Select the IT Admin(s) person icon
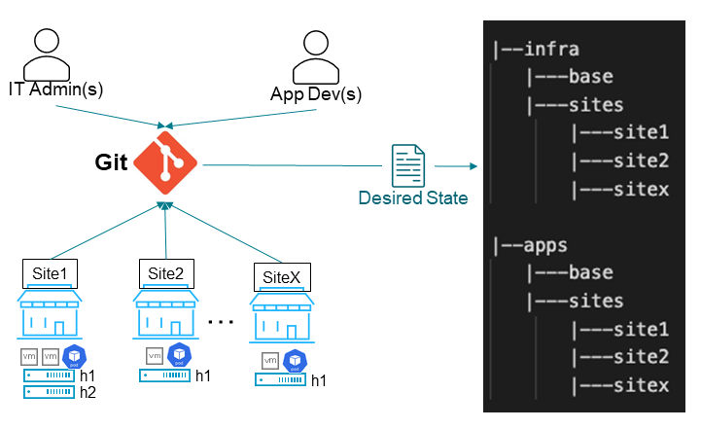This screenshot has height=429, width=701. point(53,54)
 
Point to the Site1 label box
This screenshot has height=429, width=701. point(51,272)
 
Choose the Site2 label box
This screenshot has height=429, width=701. point(166,272)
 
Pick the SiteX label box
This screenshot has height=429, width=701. point(282,277)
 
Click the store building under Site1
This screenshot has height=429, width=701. point(51,312)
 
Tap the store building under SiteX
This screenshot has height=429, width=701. point(282,317)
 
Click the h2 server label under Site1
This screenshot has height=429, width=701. point(88,392)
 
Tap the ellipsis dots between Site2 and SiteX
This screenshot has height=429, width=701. point(221,321)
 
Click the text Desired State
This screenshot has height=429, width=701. point(413,198)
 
